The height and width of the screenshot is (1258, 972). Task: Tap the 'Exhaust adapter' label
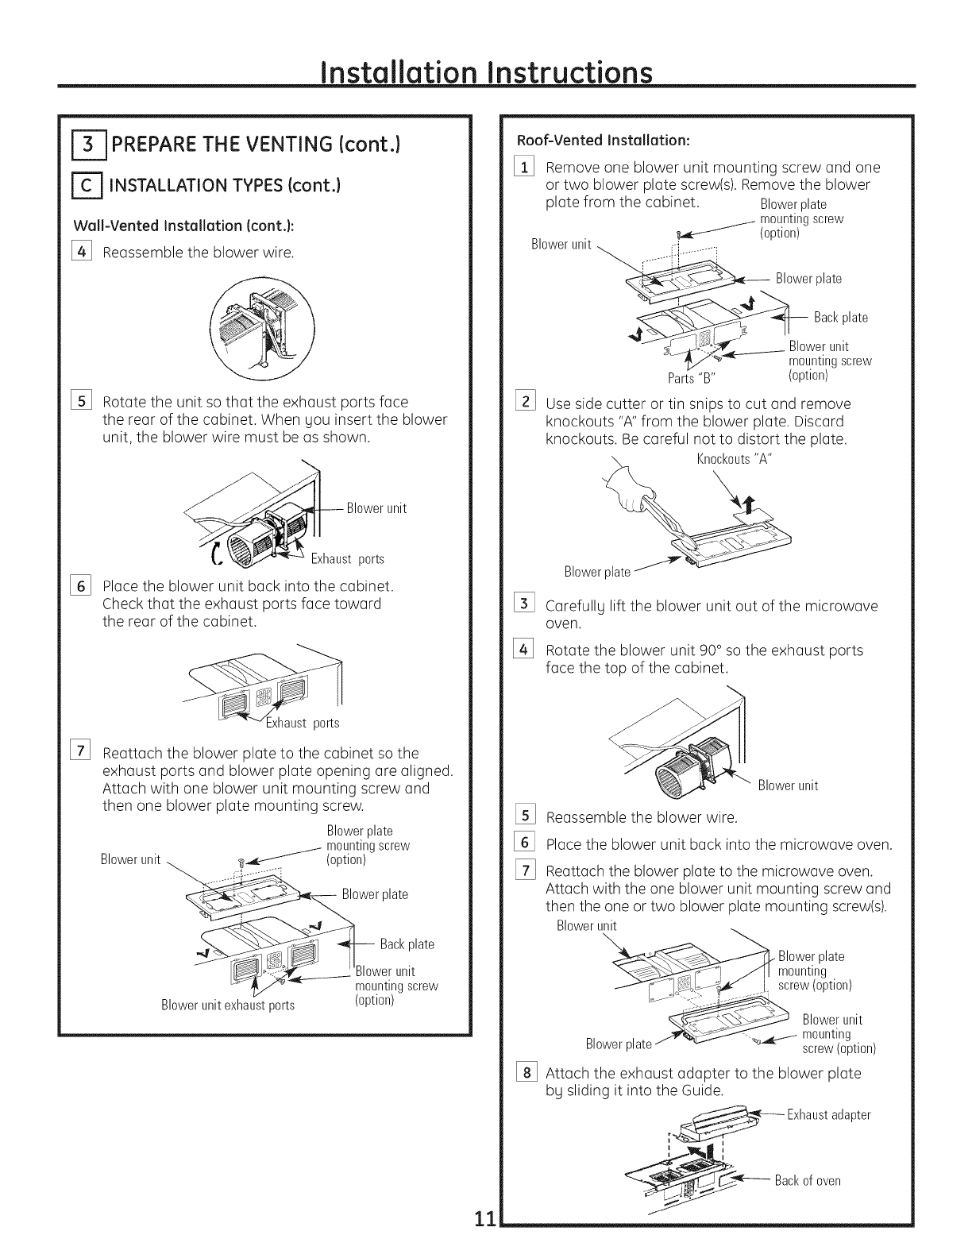828,1115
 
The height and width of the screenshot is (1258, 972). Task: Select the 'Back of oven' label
808,1180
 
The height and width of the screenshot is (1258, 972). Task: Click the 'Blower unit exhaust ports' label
228,1005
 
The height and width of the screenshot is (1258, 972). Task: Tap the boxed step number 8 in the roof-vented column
524,1074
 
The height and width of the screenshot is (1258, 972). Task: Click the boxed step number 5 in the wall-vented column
81,402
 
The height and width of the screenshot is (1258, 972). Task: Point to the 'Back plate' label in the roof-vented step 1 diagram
841,318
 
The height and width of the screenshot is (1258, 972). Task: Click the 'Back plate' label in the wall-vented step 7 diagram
407,944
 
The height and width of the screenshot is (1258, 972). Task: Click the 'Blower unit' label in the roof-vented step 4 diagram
788,786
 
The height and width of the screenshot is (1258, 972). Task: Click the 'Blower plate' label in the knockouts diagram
597,572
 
